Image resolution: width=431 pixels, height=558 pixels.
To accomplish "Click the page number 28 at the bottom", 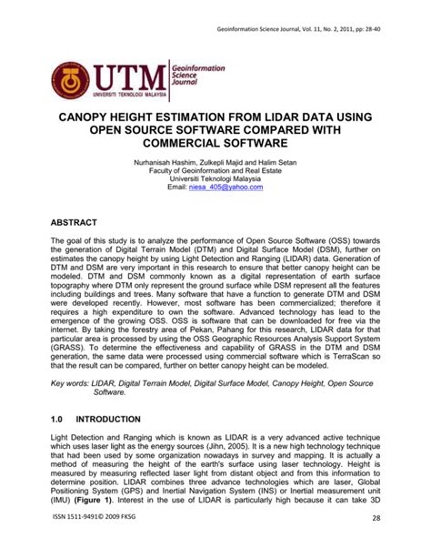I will pyautogui.click(x=388, y=543).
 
